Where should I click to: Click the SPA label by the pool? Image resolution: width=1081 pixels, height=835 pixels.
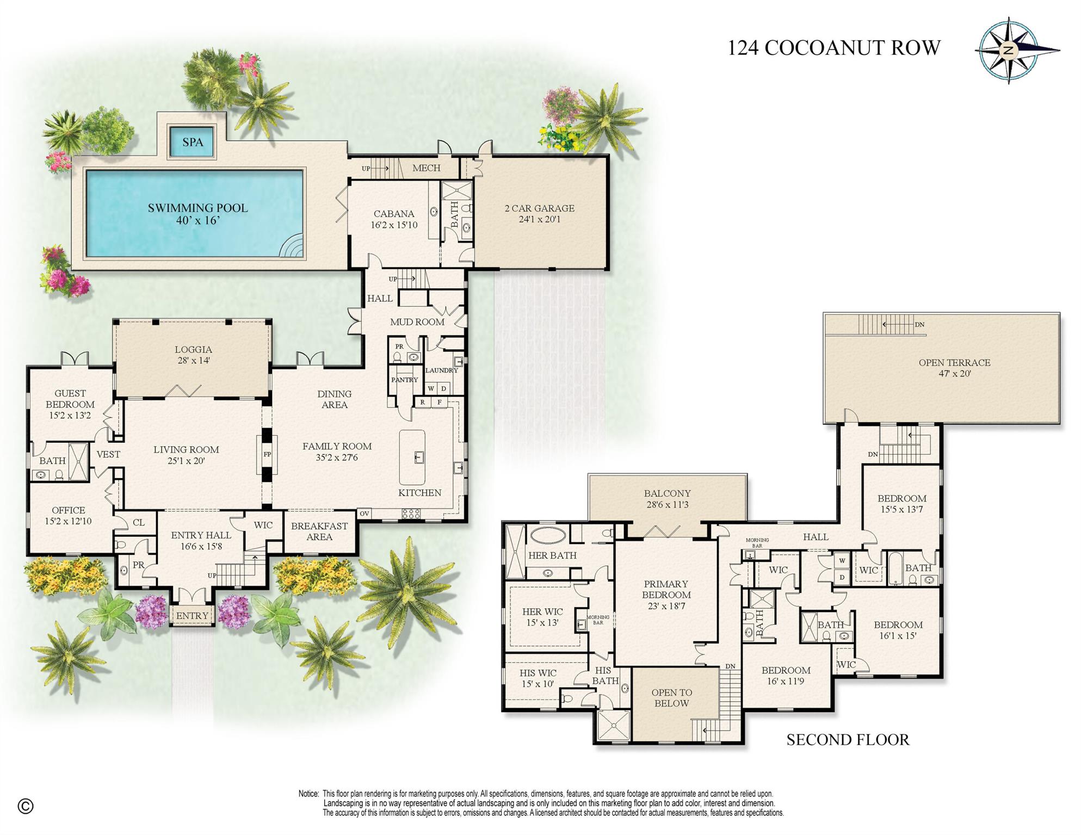[x=193, y=142]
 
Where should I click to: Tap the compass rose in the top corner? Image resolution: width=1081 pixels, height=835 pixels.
[x=1009, y=51]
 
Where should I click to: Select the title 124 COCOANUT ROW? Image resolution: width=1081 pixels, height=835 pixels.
[x=833, y=48]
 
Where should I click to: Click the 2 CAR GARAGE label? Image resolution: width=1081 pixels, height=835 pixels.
[x=539, y=208]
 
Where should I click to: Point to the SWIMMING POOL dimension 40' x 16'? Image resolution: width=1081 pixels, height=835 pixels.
[x=197, y=221]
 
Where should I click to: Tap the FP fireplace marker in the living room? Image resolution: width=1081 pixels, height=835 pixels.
[x=267, y=454]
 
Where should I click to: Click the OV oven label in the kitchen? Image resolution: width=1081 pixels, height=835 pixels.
[x=364, y=513]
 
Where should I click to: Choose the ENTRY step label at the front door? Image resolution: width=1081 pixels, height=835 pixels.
[x=192, y=616]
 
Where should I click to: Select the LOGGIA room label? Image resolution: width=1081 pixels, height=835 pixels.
[x=193, y=350]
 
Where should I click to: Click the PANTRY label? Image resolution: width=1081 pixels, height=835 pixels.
[x=404, y=380]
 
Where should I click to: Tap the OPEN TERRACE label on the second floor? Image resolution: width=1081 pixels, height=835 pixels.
[x=954, y=363]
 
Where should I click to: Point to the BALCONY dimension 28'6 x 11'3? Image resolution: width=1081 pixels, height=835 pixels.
[x=667, y=505]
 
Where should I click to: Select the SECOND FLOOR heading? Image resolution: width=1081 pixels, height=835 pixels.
[x=848, y=740]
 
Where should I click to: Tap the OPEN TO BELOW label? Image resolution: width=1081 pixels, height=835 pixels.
[x=671, y=698]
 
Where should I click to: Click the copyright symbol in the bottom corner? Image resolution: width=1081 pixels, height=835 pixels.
[x=26, y=806]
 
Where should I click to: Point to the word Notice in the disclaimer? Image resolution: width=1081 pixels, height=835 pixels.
[x=308, y=794]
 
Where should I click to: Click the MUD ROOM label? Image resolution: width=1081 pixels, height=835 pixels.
[x=417, y=322]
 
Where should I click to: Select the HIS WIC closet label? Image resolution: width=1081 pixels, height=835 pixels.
[x=538, y=673]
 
